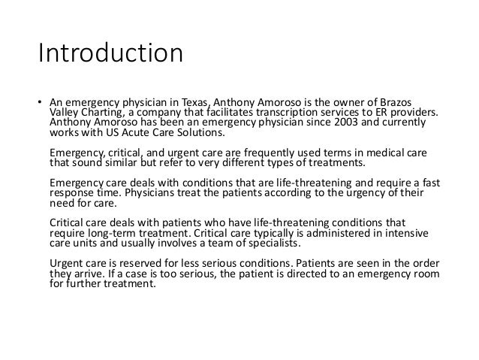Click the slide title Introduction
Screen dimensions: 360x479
110,55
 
